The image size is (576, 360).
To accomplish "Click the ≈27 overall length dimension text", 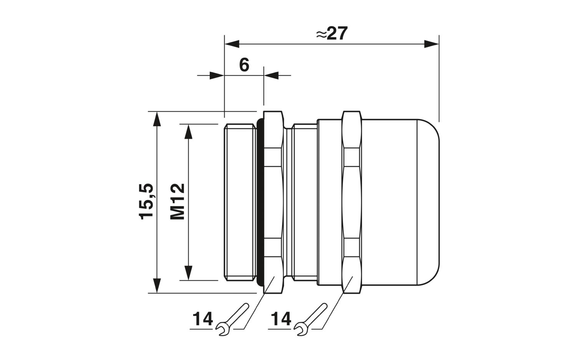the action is tap(332, 33).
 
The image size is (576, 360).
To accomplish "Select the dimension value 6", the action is tap(244, 65).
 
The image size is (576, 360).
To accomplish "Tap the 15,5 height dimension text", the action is tap(147, 201).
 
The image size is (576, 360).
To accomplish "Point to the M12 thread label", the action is tap(177, 201).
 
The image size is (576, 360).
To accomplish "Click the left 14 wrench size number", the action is tap(203, 319).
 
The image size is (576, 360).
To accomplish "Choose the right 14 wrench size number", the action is tap(281, 319).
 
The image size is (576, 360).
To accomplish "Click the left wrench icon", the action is tap(232, 319).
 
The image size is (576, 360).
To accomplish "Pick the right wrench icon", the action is tap(310, 319).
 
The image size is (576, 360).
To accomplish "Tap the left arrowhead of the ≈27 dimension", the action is tap(232, 44).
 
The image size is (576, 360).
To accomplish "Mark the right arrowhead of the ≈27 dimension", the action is tap(432, 44).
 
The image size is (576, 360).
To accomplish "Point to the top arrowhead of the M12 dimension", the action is tap(189, 131).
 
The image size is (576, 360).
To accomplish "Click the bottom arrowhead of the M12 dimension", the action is tap(189, 273).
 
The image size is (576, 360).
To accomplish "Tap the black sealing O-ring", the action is tap(260, 202).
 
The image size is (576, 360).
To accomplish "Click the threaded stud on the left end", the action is tap(241, 202).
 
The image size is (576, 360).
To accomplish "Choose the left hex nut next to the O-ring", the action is tap(273, 202).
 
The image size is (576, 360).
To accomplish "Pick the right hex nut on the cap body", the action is tap(353, 202).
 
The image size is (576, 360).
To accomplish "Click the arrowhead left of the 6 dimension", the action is tap(217, 75).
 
